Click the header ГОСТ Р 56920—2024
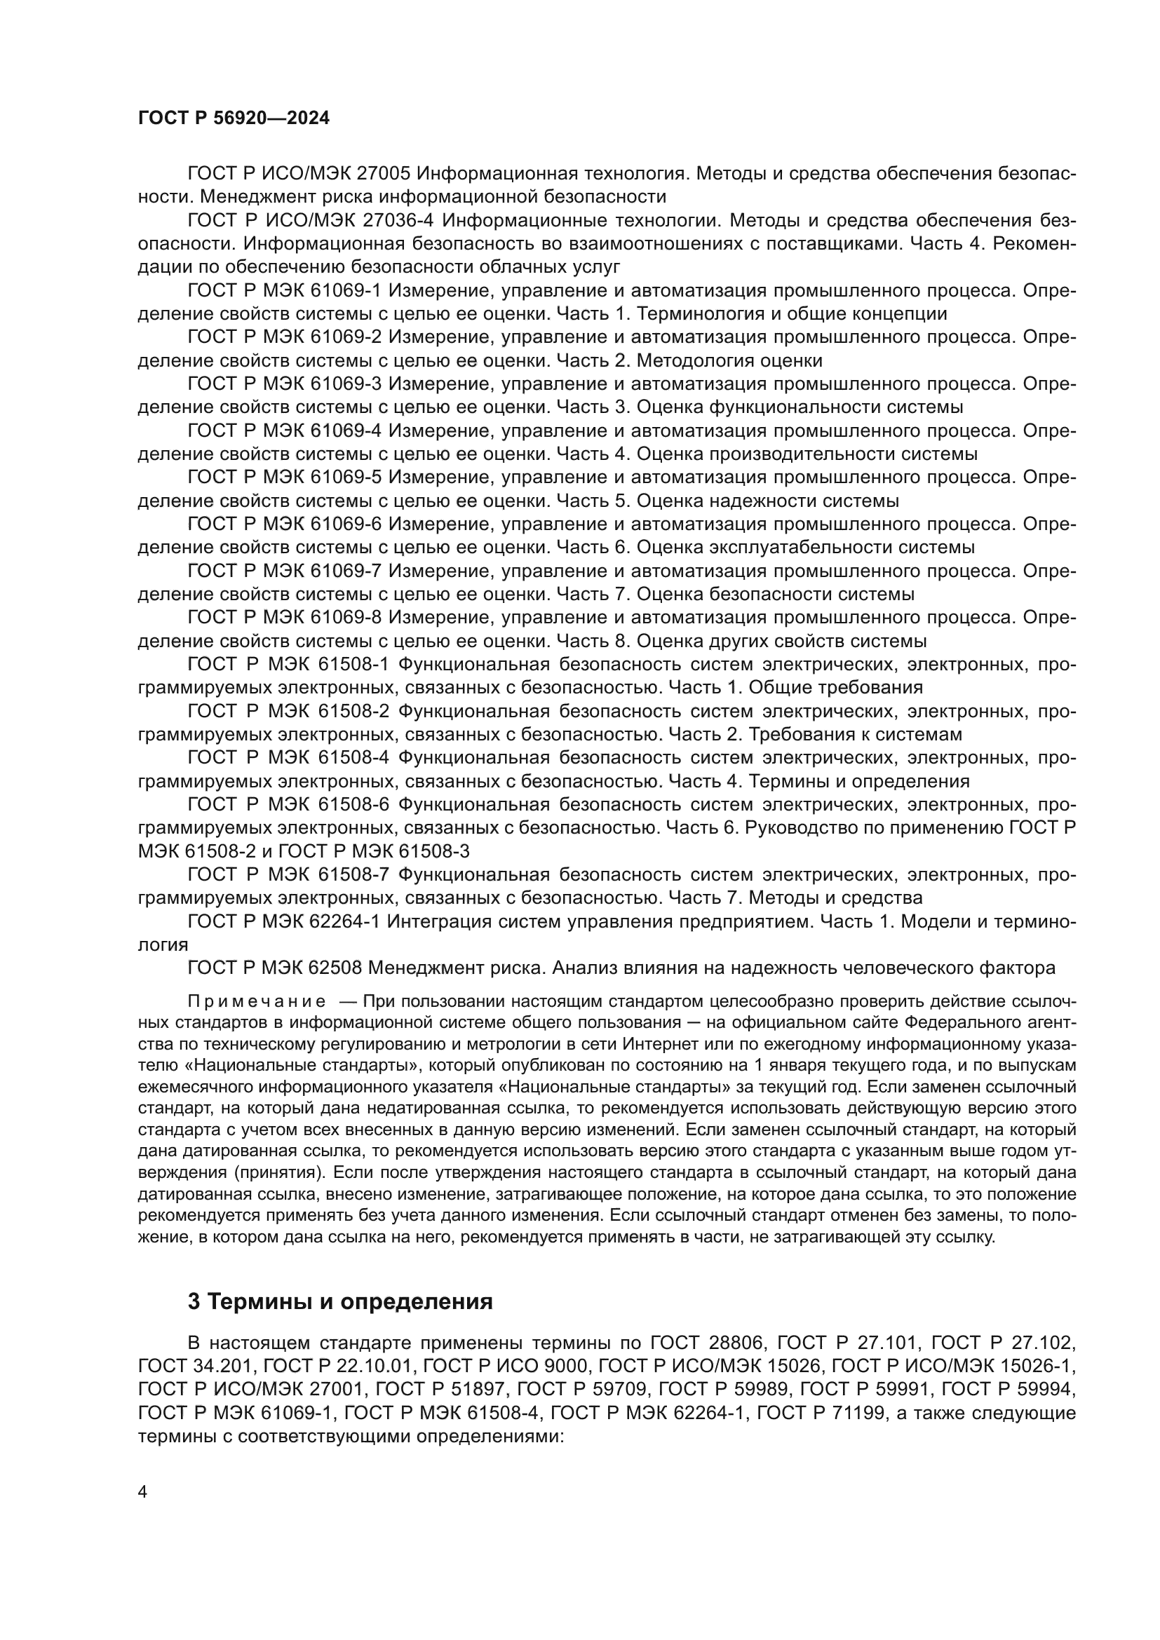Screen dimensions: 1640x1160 pyautogui.click(x=234, y=118)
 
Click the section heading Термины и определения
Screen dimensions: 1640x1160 pyautogui.click(x=340, y=1301)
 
